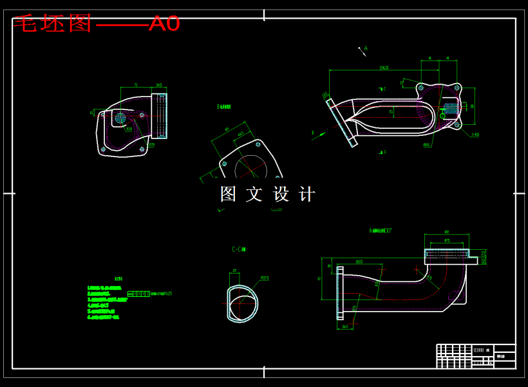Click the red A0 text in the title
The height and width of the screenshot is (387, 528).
coord(164,24)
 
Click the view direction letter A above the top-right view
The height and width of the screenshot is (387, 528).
coord(366,48)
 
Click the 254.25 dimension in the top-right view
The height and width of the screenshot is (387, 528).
coord(384,67)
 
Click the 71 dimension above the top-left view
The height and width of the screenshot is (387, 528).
coord(136,85)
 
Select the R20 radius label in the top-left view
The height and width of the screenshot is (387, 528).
coord(129,129)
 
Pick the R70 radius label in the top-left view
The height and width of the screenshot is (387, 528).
coord(151,145)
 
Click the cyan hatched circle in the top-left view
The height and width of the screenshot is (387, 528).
coord(120,118)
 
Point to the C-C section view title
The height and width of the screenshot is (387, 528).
coord(239,249)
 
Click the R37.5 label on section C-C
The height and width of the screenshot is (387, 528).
coord(264,278)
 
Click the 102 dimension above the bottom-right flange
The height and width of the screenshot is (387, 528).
coord(446,232)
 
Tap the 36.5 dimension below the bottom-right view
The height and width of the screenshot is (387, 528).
coord(345,327)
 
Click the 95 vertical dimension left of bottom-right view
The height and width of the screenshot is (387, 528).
coord(320,278)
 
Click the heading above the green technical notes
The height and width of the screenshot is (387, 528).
coord(118,278)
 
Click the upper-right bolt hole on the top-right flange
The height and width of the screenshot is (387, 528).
coord(457,88)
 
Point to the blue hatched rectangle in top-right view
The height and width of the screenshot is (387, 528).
coord(451,107)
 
